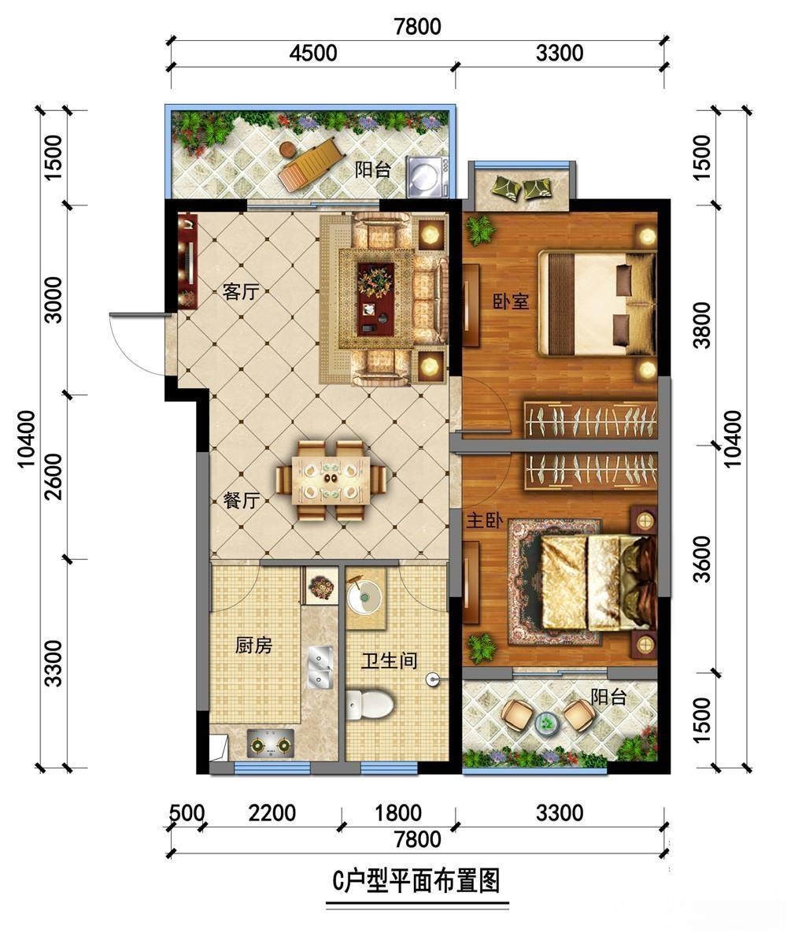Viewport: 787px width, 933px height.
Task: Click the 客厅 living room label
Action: click(240, 291)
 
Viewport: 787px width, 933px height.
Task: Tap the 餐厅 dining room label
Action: click(241, 500)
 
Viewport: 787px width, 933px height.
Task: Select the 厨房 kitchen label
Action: click(253, 645)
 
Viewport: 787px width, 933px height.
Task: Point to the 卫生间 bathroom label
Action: click(389, 660)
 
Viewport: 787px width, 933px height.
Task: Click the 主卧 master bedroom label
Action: click(484, 521)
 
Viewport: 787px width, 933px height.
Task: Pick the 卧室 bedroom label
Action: click(511, 301)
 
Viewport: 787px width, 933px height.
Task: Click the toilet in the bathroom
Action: click(369, 705)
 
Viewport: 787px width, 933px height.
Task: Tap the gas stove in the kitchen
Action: click(272, 743)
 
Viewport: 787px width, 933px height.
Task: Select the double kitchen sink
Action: click(320, 667)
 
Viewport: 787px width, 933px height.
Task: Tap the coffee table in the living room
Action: click(375, 298)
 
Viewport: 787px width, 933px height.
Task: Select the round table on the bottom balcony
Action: click(546, 723)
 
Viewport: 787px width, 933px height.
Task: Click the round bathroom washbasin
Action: click(364, 595)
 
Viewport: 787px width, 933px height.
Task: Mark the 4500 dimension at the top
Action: click(313, 53)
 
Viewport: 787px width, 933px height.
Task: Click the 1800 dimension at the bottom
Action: click(398, 813)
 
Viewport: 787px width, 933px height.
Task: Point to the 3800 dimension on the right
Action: click(702, 325)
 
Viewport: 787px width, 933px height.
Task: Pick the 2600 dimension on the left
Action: click(54, 476)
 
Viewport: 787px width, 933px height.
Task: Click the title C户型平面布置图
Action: click(416, 881)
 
